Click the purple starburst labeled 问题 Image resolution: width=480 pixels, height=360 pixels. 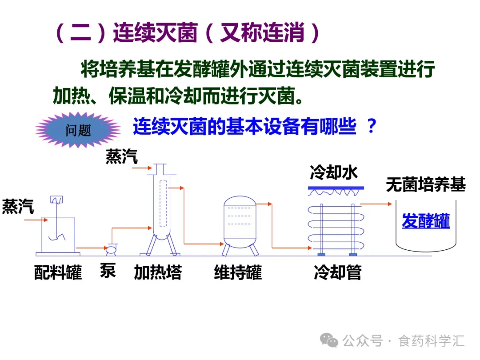click(x=78, y=130)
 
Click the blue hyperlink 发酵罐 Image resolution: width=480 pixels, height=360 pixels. click(x=426, y=221)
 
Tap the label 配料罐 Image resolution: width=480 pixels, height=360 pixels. click(x=58, y=272)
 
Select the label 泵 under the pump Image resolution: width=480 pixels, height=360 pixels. click(x=108, y=271)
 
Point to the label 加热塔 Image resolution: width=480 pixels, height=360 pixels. click(x=158, y=272)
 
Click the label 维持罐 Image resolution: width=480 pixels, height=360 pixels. click(x=238, y=272)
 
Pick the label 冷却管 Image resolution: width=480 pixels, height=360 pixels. click(x=337, y=272)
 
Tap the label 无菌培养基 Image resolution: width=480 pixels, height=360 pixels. click(x=425, y=185)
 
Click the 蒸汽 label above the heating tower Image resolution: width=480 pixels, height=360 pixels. click(x=121, y=157)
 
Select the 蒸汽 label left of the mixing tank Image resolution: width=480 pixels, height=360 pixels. click(x=18, y=207)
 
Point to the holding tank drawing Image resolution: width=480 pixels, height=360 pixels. click(x=240, y=226)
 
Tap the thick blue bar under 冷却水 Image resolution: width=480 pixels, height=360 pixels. click(x=336, y=188)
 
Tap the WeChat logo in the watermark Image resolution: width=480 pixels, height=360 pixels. click(x=329, y=341)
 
